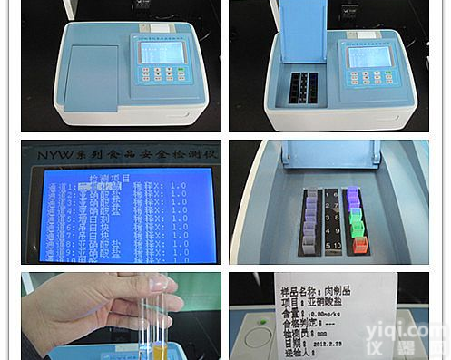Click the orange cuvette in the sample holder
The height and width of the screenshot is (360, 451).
[358, 245]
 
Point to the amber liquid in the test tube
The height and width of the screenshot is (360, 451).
[160, 350]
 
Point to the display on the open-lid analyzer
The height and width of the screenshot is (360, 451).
[371, 55]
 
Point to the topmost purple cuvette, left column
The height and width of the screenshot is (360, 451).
[310, 193]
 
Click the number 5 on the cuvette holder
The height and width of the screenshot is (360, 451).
[328, 246]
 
